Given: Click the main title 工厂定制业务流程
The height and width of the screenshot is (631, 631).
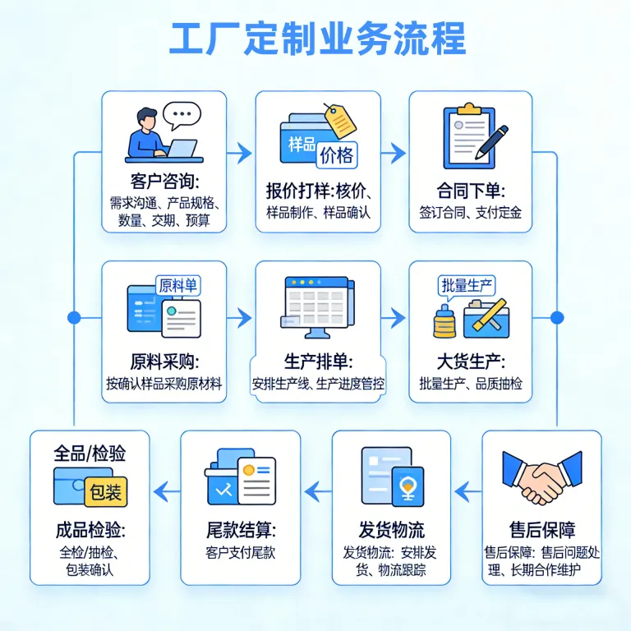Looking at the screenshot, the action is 317,39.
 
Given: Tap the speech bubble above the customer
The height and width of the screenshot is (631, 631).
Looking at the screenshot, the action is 182,115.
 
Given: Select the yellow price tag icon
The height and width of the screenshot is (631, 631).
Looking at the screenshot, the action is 340,121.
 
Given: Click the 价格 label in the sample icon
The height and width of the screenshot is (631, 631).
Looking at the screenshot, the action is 336,155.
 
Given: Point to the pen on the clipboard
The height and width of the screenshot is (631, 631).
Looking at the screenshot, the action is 492,142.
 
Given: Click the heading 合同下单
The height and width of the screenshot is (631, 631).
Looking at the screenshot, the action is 471,191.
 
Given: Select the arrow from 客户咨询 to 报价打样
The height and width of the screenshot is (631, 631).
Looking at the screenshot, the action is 239,153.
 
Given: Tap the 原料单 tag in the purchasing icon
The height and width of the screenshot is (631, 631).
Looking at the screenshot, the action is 177,286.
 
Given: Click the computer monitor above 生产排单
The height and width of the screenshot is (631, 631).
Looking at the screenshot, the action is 317,307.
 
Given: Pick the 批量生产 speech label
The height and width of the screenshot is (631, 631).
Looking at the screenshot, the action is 467,287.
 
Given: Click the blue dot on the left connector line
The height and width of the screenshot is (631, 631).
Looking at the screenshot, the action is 74,318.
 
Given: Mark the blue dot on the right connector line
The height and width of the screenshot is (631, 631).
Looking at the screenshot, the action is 557,317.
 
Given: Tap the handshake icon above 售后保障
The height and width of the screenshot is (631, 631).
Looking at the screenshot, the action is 541,477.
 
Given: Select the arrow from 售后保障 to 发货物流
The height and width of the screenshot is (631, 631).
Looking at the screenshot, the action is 467,491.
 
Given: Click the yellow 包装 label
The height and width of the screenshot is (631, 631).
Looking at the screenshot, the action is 106,492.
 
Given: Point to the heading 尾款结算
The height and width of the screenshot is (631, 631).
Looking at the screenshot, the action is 241,530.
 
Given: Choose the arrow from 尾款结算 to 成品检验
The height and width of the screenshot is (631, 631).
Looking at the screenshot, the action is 167,491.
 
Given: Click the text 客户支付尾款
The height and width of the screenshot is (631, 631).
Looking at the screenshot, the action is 240,552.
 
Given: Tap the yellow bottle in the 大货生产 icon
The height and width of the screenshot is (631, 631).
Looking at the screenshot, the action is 444,321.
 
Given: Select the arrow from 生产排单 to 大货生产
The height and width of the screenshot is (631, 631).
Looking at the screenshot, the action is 394,318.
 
